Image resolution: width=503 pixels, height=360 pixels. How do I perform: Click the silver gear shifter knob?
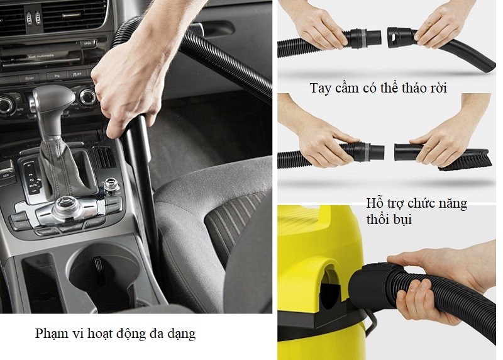point(53,101)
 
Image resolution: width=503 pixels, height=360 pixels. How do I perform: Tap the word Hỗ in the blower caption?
point(376,205)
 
